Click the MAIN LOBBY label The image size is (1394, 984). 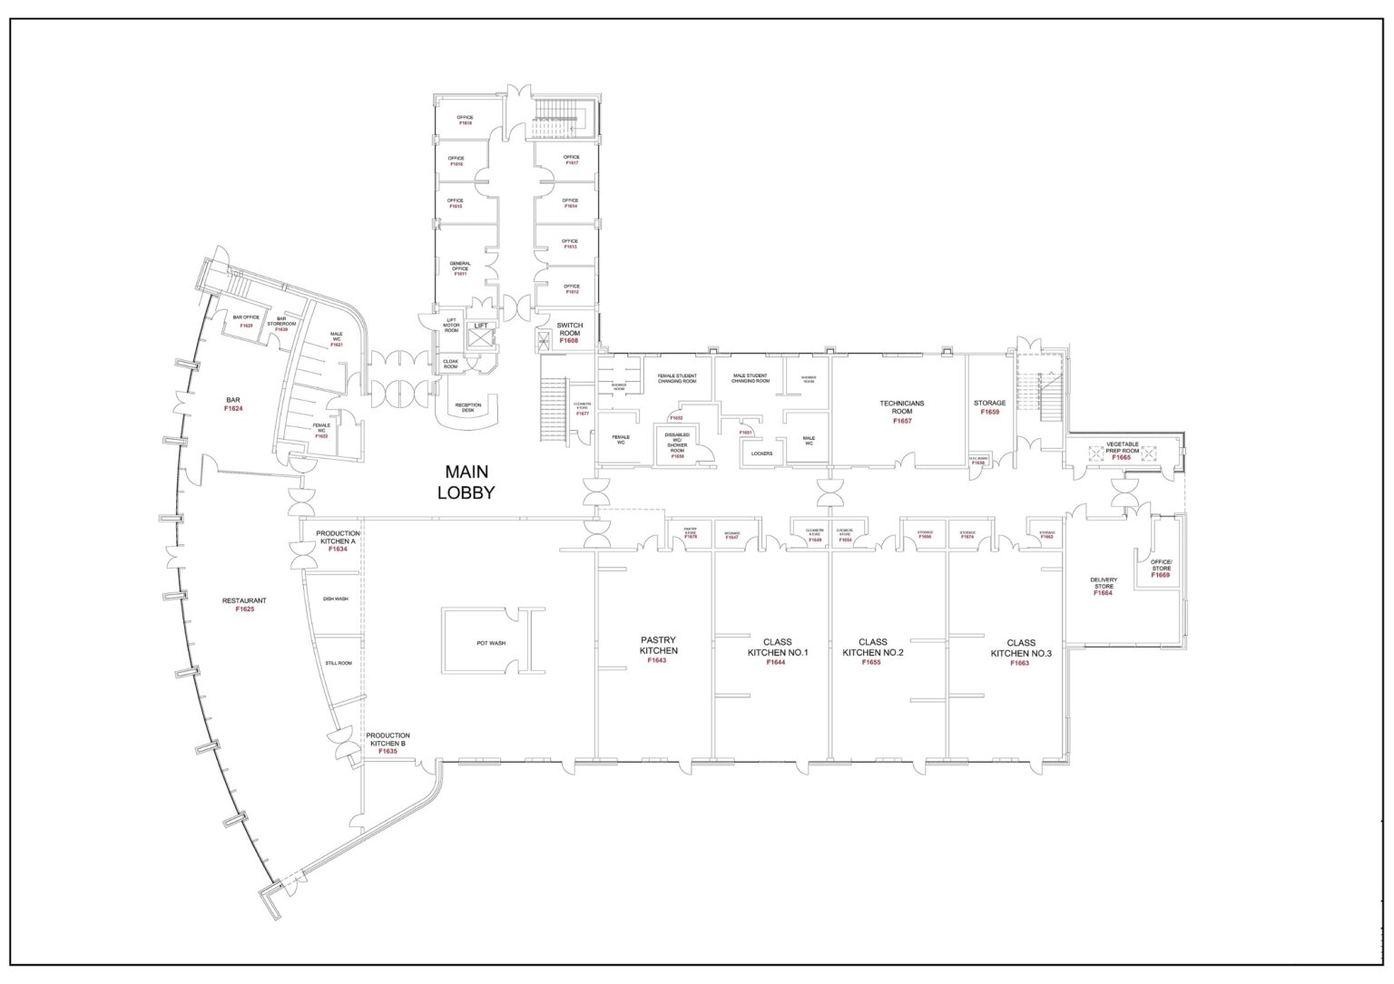(466, 482)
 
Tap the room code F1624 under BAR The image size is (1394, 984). (233, 409)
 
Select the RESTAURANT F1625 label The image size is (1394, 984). (244, 605)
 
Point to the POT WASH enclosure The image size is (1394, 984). (491, 643)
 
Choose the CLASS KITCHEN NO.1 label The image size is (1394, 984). (777, 651)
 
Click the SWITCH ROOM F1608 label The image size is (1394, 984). (569, 332)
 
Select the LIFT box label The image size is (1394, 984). (480, 326)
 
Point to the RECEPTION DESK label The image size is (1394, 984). (468, 408)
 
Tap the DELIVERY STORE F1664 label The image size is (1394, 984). (1104, 586)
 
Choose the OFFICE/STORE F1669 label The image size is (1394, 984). (1161, 569)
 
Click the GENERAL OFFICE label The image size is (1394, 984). (460, 268)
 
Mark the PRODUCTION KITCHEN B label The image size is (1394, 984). (388, 743)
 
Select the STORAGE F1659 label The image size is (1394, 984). (989, 407)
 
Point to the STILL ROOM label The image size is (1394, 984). (338, 663)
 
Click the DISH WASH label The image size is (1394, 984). (335, 599)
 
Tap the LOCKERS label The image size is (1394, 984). (761, 453)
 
